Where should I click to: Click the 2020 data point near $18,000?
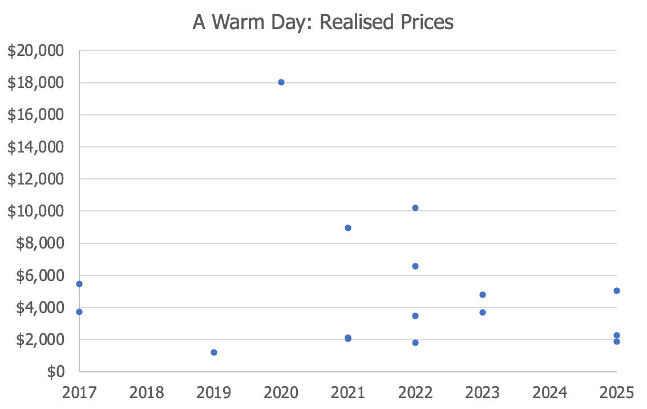[x=281, y=82]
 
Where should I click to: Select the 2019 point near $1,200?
[x=214, y=352]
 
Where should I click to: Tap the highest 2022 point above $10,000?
[x=415, y=208]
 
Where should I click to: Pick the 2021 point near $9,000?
[x=348, y=228]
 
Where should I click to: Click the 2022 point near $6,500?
[x=415, y=266]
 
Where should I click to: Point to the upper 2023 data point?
[x=482, y=295]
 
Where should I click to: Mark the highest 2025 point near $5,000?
[x=616, y=291]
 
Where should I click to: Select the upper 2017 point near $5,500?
[x=79, y=284]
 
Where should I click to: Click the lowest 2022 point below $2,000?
[x=415, y=343]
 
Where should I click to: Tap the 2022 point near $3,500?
[x=415, y=316]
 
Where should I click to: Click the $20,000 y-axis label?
[x=36, y=51]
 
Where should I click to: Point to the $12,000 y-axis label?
[x=36, y=179]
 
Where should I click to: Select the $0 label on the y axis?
[x=56, y=372]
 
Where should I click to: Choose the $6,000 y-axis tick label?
[x=40, y=275]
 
